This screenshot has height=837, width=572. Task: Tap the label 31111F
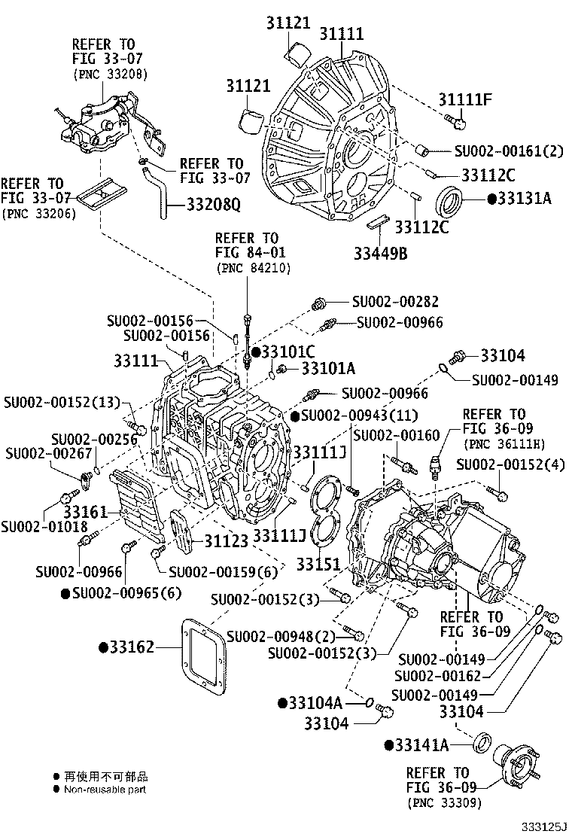tap(466, 98)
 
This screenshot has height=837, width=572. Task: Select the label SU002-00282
tap(395, 302)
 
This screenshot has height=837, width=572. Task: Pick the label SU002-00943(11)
tap(356, 415)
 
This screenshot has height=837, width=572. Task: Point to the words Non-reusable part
tap(105, 790)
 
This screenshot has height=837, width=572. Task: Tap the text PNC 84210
tap(245, 267)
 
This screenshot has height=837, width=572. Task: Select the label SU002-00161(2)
tap(509, 150)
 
